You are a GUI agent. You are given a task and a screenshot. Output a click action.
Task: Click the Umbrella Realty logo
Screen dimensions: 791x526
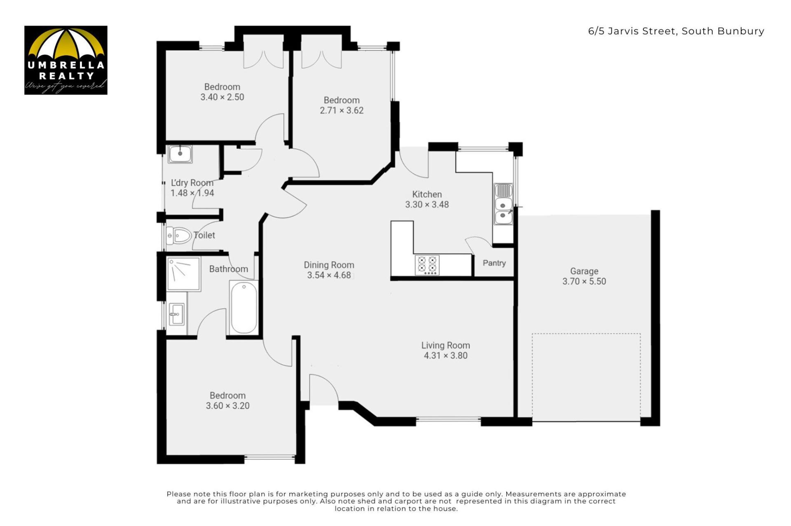[x=66, y=60]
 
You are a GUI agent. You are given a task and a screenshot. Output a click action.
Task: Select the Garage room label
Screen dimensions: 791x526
[x=584, y=271]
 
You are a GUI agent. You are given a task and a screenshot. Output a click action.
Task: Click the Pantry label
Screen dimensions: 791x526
[x=494, y=263]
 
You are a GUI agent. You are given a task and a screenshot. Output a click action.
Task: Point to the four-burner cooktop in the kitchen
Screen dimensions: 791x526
[x=427, y=265]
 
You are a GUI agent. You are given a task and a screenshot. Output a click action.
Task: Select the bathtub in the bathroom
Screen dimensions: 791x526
[x=244, y=307]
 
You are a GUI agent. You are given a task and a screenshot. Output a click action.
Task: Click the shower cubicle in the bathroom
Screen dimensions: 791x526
[x=184, y=274]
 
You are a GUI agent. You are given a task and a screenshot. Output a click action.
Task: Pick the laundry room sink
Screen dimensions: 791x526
[x=180, y=154]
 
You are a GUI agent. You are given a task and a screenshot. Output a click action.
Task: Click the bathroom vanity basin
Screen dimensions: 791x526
[x=177, y=314]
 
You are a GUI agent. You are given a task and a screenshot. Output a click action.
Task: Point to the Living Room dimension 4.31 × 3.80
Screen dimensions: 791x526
[x=446, y=356]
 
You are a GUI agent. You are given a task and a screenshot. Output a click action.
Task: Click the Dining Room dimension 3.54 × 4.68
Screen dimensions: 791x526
[x=329, y=275]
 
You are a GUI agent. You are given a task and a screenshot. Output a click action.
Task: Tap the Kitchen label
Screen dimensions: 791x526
[x=427, y=194]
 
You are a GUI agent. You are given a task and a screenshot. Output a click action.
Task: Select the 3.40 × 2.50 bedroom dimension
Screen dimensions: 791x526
[x=222, y=97]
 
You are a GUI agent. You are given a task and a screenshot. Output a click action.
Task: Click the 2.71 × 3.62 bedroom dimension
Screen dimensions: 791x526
[x=342, y=110]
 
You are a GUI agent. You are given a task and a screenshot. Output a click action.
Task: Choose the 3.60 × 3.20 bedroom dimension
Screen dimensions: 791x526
[x=228, y=406]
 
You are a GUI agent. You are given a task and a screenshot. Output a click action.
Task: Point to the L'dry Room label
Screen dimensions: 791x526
[x=192, y=183]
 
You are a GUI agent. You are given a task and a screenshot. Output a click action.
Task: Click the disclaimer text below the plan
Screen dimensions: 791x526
[x=396, y=501]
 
